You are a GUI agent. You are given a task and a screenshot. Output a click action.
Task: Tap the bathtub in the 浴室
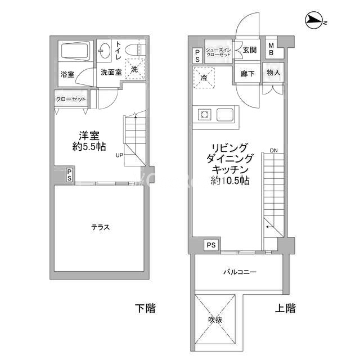[x=75, y=51]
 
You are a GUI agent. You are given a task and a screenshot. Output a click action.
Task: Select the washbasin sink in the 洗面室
[x=104, y=51]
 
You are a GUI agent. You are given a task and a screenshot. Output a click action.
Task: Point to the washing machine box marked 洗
[x=135, y=69]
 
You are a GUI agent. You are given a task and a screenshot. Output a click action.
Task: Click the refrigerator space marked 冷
[x=204, y=78]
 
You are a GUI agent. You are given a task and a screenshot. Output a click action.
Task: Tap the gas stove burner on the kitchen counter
[x=204, y=114]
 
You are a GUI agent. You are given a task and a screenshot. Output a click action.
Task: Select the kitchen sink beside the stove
[x=225, y=114]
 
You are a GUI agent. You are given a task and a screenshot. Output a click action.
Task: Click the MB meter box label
[x=271, y=49]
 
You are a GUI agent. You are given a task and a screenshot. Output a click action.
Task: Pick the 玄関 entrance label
[x=250, y=50]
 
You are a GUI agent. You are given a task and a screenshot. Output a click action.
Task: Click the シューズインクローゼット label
[x=218, y=52]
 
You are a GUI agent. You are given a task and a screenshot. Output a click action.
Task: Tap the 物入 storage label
[x=273, y=73]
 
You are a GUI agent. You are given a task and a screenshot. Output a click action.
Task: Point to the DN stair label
[x=274, y=151]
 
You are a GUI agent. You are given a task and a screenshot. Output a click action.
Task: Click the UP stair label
[x=119, y=155]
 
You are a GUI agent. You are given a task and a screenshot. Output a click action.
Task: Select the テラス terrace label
[x=101, y=227]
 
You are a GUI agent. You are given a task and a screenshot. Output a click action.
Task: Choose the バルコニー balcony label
[x=240, y=272]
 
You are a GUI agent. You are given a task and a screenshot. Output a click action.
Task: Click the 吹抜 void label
[x=215, y=319]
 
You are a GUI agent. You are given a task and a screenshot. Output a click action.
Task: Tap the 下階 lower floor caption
[x=145, y=308]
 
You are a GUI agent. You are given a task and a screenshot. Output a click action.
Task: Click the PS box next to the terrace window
[x=70, y=175]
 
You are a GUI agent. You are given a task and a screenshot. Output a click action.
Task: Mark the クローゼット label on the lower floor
[x=71, y=99]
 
